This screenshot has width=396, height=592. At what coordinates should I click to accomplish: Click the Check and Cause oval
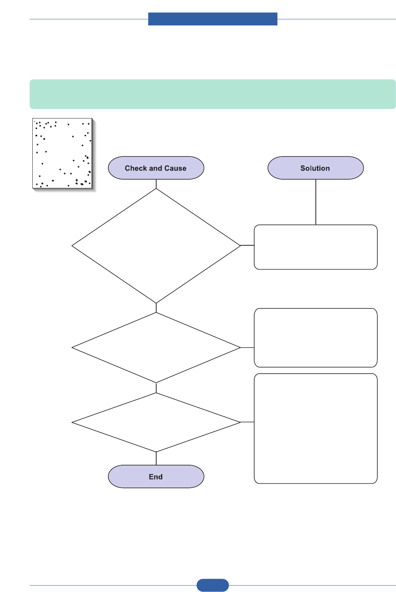(x=156, y=168)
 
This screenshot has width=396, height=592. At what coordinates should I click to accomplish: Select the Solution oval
(x=315, y=168)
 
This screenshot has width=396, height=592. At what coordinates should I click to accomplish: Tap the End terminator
(x=156, y=477)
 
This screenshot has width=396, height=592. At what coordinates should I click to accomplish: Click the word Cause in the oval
(x=175, y=168)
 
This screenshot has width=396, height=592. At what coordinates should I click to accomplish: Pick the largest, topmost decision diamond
(x=156, y=246)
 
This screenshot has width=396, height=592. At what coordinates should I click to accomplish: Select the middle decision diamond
(x=156, y=347)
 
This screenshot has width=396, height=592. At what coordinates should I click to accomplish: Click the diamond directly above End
(x=156, y=422)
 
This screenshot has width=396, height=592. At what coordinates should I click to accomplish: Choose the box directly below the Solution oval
(x=315, y=247)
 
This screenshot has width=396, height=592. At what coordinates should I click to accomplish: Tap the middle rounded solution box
(x=315, y=338)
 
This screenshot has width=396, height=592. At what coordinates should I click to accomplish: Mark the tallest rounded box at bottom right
(x=315, y=428)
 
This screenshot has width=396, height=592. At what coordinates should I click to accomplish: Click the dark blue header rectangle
(x=212, y=19)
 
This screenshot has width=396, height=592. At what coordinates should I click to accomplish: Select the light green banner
(x=212, y=94)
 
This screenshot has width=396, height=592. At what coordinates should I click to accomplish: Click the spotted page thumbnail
(x=62, y=153)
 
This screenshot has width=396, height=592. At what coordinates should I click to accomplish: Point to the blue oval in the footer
(x=212, y=585)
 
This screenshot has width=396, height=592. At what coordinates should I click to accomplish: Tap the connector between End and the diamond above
(x=156, y=459)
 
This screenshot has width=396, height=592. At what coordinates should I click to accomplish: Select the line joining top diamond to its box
(x=247, y=245)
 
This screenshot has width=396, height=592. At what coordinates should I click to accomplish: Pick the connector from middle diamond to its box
(x=247, y=347)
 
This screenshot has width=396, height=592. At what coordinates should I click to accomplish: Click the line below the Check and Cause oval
(x=156, y=184)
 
